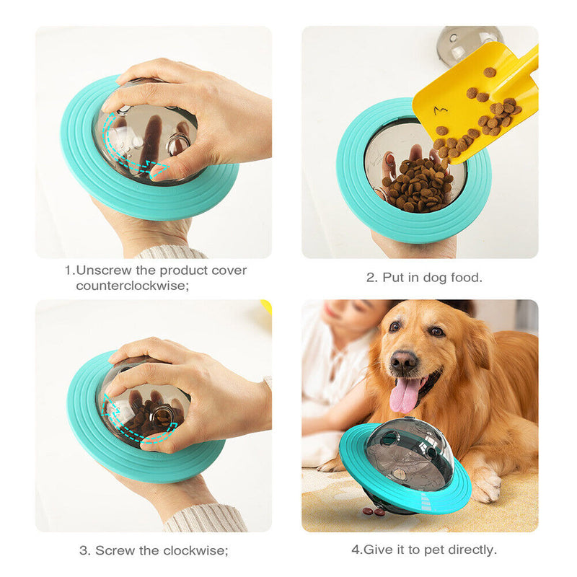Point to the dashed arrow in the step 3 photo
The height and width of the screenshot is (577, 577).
click(x=137, y=422)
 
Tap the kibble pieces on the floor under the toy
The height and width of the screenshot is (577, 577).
click(x=374, y=511)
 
